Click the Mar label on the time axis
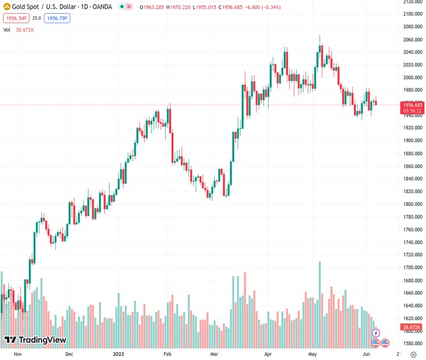[x=214, y=354]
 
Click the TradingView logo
[x=35, y=340]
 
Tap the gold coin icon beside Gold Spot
[x=7, y=7]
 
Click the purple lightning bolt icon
[x=376, y=332]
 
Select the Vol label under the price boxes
[x=7, y=29]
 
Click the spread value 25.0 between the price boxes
[x=37, y=18]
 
